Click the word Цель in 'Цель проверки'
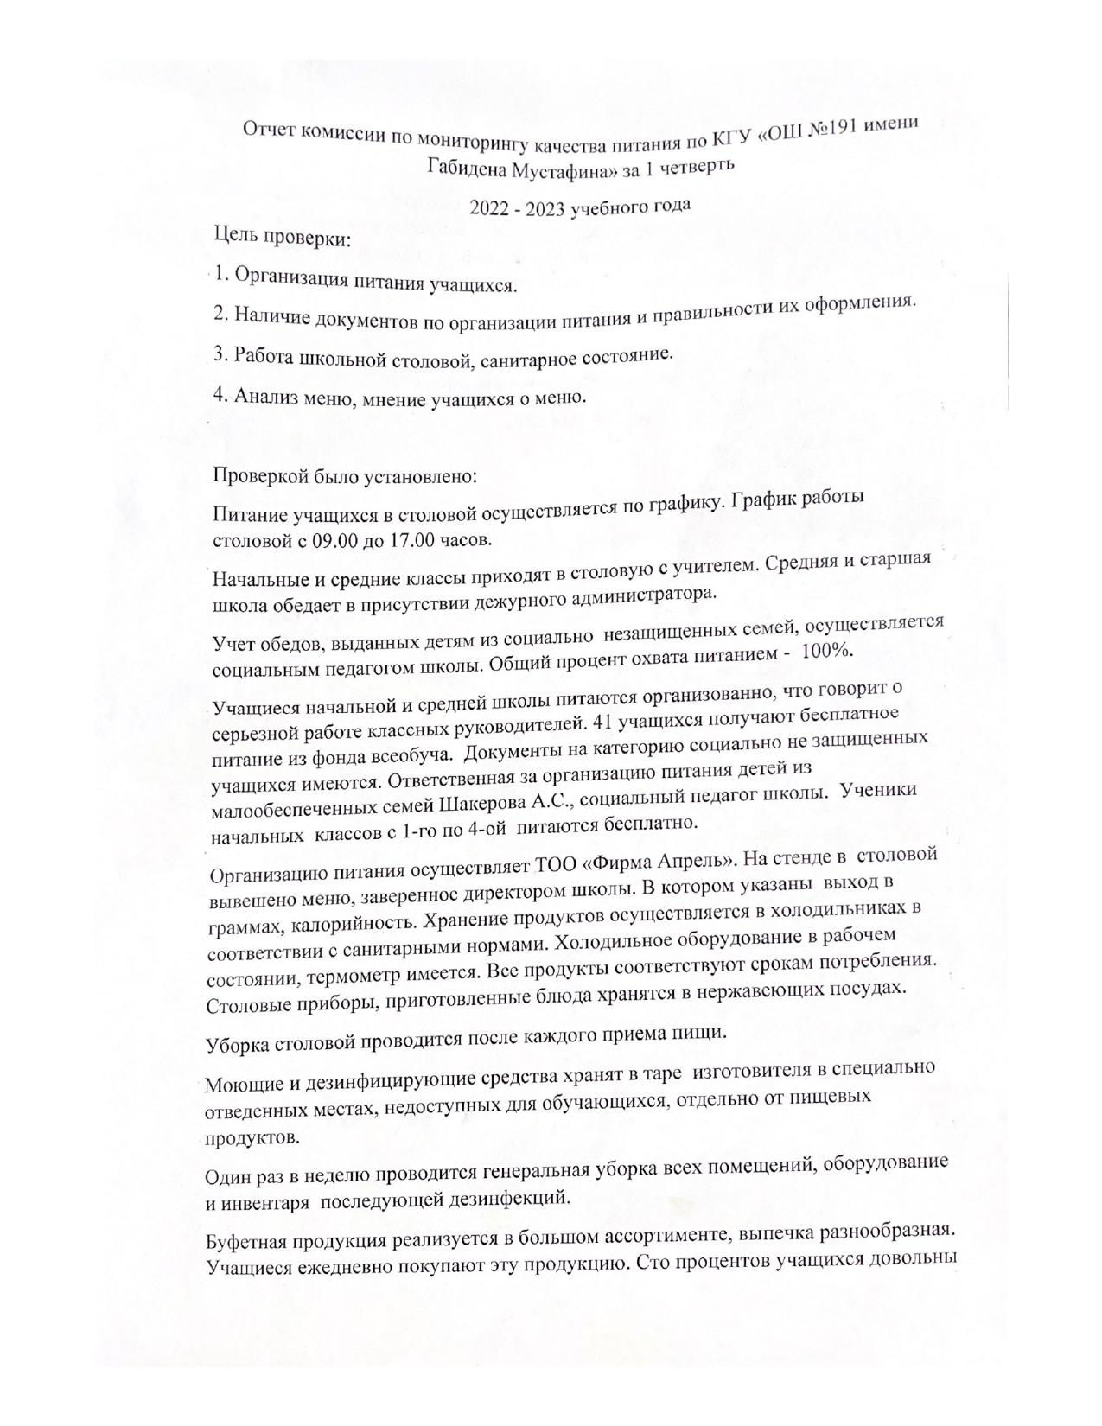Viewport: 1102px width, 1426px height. click(x=236, y=234)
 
